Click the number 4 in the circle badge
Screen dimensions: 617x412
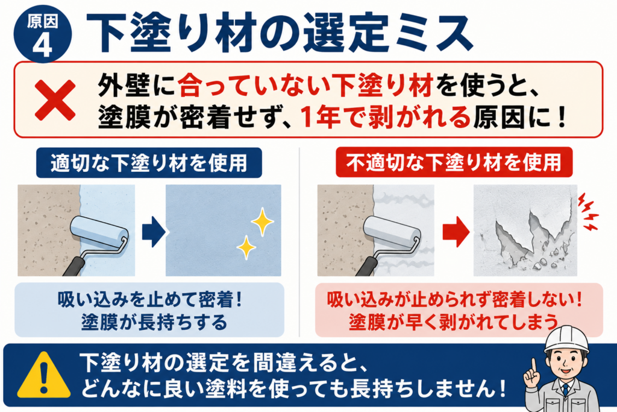[42, 45]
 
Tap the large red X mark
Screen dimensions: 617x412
[55, 100]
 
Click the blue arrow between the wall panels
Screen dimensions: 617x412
[154, 232]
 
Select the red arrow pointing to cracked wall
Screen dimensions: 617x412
[456, 232]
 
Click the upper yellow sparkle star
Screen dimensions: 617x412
[263, 222]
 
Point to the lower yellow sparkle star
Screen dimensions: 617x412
[246, 247]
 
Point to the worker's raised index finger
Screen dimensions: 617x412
[534, 369]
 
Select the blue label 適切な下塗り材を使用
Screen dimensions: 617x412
[149, 163]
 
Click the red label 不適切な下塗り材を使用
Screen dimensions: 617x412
[454, 162]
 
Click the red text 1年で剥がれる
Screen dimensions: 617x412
[385, 117]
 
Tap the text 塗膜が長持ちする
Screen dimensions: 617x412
[154, 322]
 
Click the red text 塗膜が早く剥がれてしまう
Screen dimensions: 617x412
[453, 322]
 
